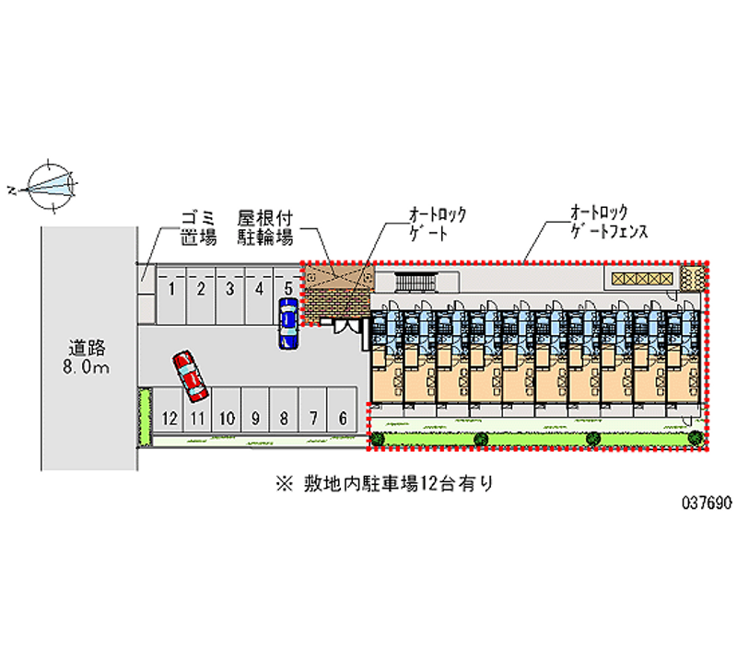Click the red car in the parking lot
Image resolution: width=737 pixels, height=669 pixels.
pyautogui.click(x=191, y=376)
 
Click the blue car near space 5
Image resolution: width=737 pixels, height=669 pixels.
pyautogui.click(x=288, y=323)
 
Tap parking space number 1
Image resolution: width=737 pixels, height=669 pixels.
pyautogui.click(x=171, y=294)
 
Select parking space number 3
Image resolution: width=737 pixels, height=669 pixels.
pyautogui.click(x=229, y=294)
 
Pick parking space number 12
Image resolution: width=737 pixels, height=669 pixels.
pyautogui.click(x=169, y=409)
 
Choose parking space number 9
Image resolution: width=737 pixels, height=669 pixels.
pyautogui.click(x=255, y=409)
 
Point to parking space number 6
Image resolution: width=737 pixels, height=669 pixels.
pyautogui.click(x=343, y=409)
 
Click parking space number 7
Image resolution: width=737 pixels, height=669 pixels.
pyautogui.click(x=313, y=409)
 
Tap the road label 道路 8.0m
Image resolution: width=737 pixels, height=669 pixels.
pyautogui.click(x=87, y=357)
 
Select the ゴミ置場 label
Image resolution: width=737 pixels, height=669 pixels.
pyautogui.click(x=199, y=228)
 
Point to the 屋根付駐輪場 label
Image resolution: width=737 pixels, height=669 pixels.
pyautogui.click(x=265, y=228)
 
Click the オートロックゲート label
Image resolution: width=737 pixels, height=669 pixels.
pyautogui.click(x=437, y=224)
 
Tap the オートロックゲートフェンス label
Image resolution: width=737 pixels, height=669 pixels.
pyautogui.click(x=609, y=221)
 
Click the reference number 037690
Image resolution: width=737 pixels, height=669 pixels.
pyautogui.click(x=707, y=502)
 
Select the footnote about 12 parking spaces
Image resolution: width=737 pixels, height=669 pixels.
pyautogui.click(x=384, y=483)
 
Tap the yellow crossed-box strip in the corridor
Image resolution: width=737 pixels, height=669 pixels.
pyautogui.click(x=642, y=279)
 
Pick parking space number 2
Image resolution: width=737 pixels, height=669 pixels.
pyautogui.click(x=201, y=294)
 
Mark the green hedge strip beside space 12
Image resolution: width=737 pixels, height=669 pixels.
pyautogui.click(x=145, y=416)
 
